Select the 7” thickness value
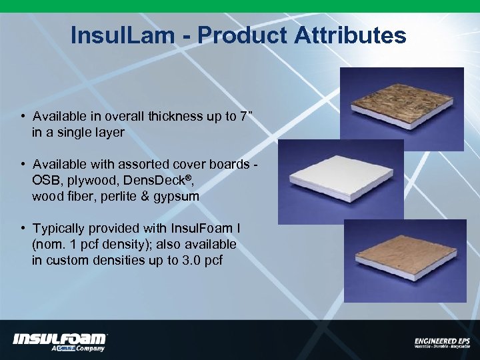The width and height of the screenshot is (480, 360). [x=246, y=116]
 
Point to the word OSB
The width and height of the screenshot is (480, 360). [x=45, y=181]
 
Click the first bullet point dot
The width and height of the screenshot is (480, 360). [x=23, y=117]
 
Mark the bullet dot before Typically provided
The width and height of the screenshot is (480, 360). [x=23, y=229]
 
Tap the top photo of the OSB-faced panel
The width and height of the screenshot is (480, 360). [x=401, y=100]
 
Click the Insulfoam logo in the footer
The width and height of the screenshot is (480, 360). [x=59, y=341]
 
